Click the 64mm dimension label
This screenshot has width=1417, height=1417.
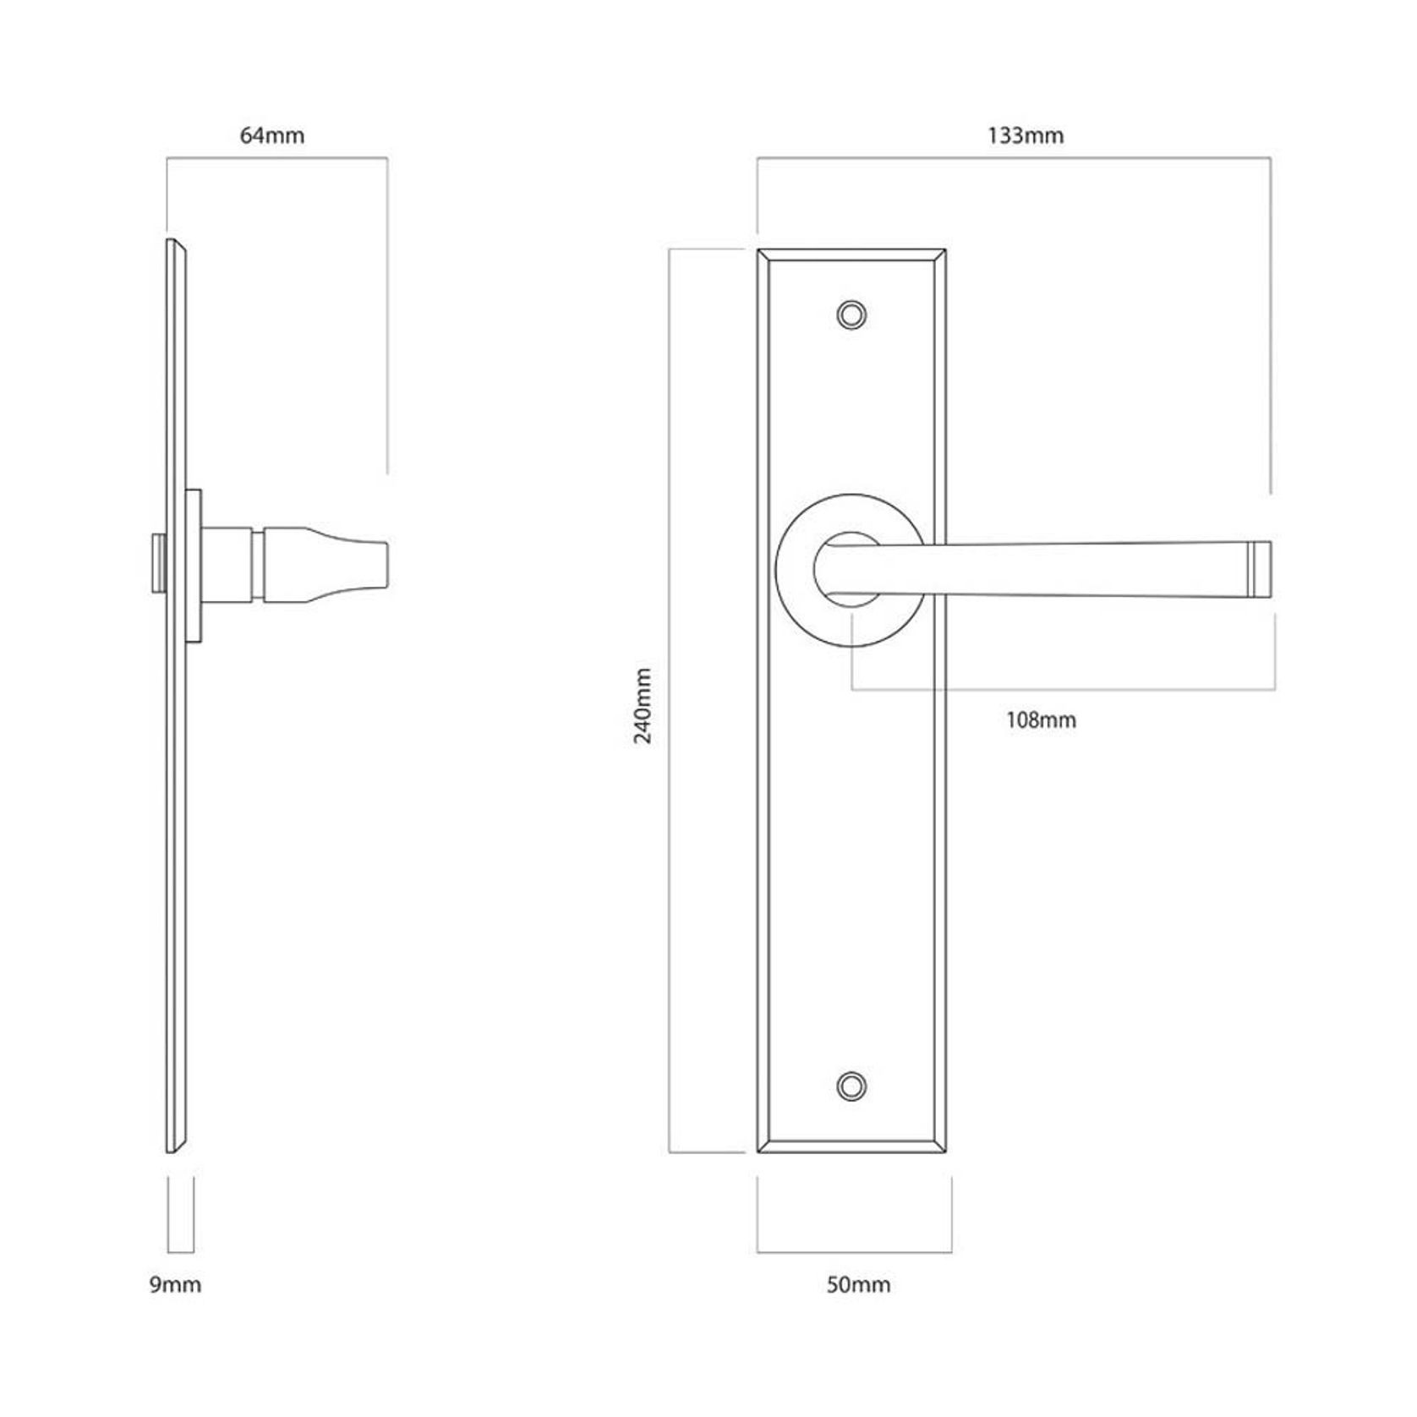(271, 135)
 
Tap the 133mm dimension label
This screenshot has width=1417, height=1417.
(1025, 135)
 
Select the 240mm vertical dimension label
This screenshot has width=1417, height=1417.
(643, 705)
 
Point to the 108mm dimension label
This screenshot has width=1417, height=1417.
(1041, 720)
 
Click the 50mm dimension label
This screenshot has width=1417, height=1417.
(857, 1285)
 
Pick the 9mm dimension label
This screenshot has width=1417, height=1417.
(175, 1285)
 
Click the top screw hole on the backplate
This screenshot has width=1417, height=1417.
(851, 315)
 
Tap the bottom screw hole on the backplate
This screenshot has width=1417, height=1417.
(851, 1086)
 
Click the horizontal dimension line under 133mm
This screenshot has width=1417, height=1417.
(1015, 158)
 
